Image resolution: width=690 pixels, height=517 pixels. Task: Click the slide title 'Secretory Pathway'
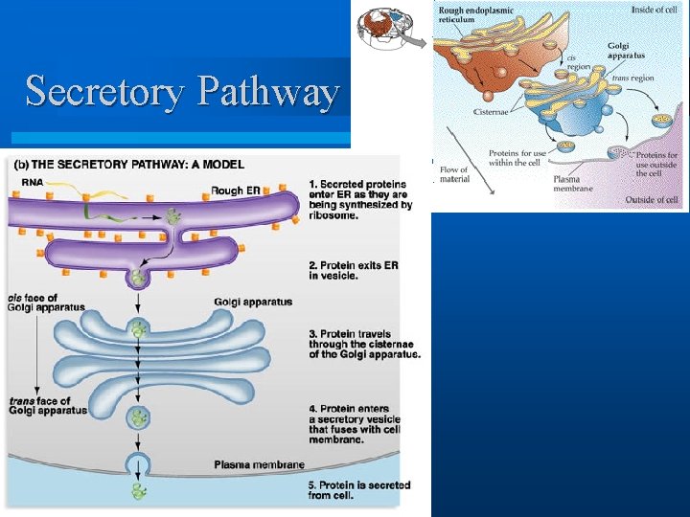click(x=182, y=92)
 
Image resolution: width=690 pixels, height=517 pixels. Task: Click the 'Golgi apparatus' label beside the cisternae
click(x=253, y=303)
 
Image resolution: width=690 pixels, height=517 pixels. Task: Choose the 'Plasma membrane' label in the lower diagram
click(x=260, y=465)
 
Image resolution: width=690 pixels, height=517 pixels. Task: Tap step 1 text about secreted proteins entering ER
click(x=360, y=200)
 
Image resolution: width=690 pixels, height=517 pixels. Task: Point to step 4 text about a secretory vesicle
click(x=356, y=423)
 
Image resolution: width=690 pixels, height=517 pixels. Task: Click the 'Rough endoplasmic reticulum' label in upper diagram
click(x=476, y=16)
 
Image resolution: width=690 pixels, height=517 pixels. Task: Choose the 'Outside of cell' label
click(x=652, y=200)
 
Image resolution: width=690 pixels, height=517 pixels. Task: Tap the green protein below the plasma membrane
click(x=140, y=491)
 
